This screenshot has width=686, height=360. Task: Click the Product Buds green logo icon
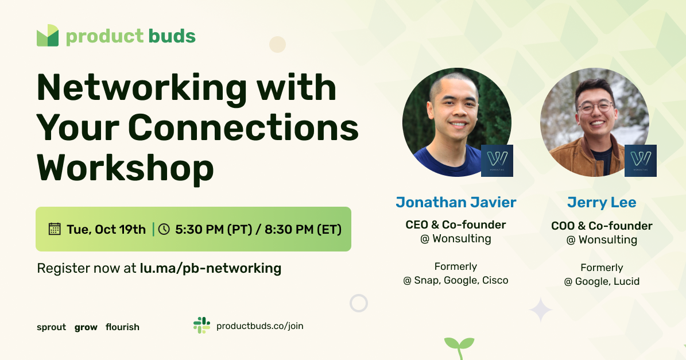click(x=48, y=36)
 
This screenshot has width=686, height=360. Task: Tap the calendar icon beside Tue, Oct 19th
click(x=55, y=229)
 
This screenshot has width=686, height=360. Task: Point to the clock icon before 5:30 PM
click(x=164, y=229)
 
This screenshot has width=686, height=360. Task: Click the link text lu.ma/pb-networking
click(x=211, y=268)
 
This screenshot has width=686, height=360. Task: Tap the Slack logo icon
click(x=201, y=326)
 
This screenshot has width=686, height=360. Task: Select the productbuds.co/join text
click(x=259, y=326)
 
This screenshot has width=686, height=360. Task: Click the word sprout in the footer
click(x=51, y=327)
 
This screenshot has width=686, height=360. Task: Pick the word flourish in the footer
click(x=122, y=327)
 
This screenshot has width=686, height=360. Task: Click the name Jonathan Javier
click(x=456, y=202)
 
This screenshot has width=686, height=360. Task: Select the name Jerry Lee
click(x=602, y=203)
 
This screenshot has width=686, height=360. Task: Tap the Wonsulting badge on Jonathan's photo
click(x=497, y=160)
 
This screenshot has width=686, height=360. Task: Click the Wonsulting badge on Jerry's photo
click(x=640, y=160)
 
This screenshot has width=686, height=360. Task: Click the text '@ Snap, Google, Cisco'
click(x=456, y=281)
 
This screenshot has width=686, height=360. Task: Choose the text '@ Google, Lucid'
click(x=602, y=281)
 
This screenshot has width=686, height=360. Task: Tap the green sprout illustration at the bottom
click(x=459, y=346)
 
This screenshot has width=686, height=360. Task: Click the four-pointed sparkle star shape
click(x=540, y=309)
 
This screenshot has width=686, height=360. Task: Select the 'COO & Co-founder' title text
click(x=602, y=226)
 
